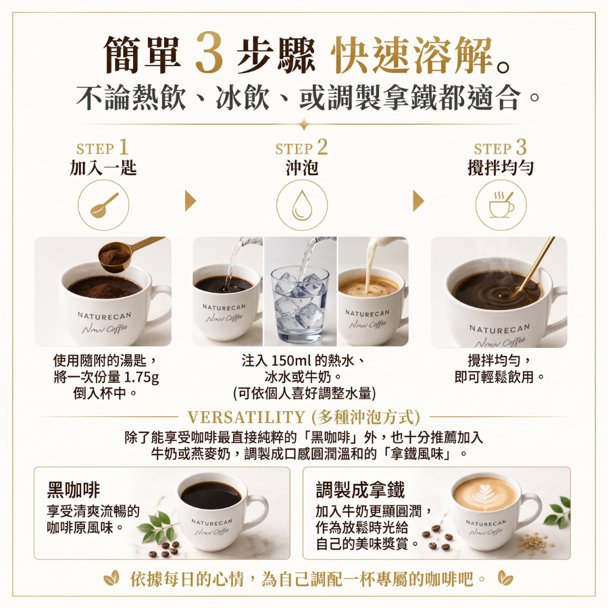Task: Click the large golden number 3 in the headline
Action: (209, 53)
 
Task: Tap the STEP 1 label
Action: (103, 147)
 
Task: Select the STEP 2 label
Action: (302, 147)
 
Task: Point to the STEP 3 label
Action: (501, 147)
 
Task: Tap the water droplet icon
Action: (302, 205)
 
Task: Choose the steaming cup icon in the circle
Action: (501, 205)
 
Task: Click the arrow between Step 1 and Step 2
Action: (190, 201)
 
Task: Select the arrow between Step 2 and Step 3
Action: (418, 201)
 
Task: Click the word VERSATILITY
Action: (246, 417)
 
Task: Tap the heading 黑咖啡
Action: (73, 489)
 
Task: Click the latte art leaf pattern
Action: (484, 492)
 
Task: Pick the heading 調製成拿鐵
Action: (360, 489)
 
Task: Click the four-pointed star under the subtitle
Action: (305, 124)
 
